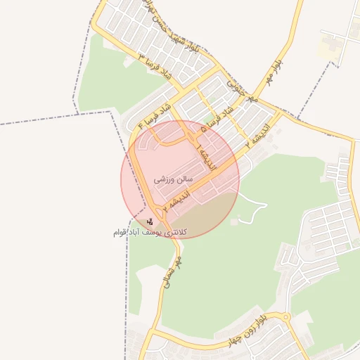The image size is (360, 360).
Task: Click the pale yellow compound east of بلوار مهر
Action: point(328,49)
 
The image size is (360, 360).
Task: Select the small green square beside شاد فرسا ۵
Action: point(211,117)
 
